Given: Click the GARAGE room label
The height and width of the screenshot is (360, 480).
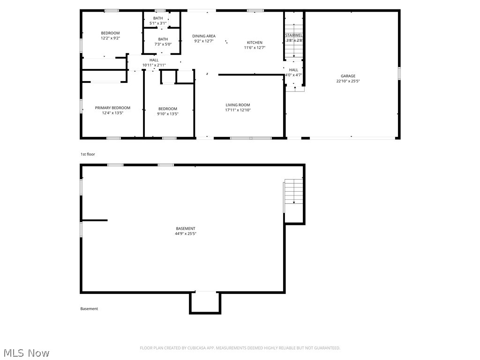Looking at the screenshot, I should tap(348, 76).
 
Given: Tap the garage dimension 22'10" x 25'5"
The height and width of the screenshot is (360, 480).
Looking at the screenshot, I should tap(348, 81).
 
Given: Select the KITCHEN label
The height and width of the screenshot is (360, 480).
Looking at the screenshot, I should tap(255, 43).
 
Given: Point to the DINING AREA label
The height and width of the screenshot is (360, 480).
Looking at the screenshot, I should tap(204, 36).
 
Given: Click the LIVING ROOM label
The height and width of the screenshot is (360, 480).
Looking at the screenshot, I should tap(238, 105).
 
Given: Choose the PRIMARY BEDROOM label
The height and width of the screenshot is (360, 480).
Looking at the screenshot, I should tap(112, 108).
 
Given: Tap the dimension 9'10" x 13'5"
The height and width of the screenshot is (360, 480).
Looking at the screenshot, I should tap(168, 113).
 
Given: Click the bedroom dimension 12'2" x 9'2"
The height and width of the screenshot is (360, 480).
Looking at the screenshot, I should tap(110, 38).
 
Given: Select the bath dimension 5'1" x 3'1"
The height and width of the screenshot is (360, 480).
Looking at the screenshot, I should tap(158, 23).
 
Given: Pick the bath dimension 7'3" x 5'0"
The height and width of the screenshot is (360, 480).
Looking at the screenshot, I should tap(163, 45).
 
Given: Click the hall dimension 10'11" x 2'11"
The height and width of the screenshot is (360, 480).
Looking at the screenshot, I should tap(154, 65).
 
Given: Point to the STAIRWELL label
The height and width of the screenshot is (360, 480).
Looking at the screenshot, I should tap(294, 35).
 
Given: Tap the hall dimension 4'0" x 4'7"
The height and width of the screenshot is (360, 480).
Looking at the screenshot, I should tap(293, 75).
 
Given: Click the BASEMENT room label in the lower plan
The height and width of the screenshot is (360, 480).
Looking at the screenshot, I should tap(186, 228).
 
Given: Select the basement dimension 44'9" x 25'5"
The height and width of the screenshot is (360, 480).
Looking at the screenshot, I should tap(186, 233).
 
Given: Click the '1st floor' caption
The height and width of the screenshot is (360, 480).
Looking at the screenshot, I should tap(88, 154).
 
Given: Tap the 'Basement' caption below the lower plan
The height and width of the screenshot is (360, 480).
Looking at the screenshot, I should tap(89, 309).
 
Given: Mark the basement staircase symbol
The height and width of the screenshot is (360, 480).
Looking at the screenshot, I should tap(294, 192).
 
